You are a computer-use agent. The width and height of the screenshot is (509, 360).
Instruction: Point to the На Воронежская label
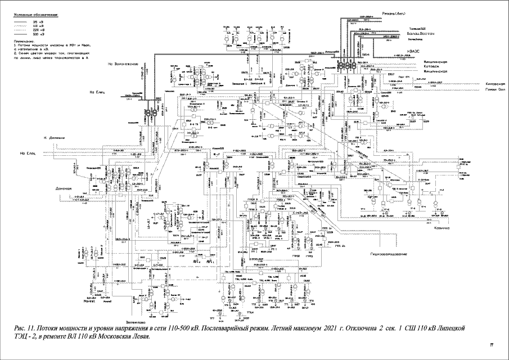123,64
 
